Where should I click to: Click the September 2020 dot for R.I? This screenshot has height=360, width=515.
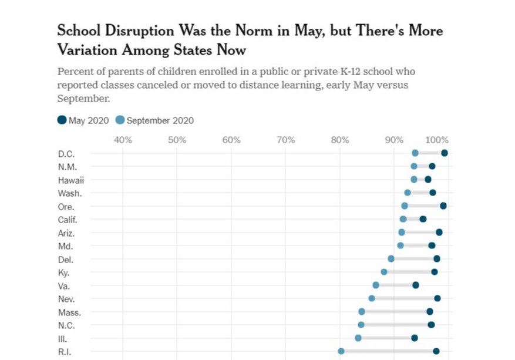tap(341, 351)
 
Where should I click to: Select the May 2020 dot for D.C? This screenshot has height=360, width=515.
tap(445, 153)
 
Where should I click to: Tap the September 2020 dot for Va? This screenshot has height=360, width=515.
tap(376, 285)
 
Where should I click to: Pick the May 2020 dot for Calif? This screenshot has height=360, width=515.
tap(423, 219)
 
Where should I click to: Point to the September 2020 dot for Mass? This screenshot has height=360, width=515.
tap(362, 312)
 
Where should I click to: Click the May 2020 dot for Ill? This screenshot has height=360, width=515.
tap(415, 338)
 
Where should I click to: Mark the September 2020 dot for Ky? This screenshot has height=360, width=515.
tap(384, 272)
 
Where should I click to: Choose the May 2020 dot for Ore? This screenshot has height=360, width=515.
tap(443, 206)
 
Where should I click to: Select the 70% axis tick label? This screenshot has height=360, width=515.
tap(285, 140)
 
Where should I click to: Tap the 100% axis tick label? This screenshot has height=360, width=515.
tap(437, 140)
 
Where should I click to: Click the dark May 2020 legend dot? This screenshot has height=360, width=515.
tap(62, 120)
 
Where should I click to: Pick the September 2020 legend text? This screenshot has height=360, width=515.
tap(160, 121)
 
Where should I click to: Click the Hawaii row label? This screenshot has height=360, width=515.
tap(70, 180)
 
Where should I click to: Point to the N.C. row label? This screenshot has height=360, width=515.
tap(66, 325)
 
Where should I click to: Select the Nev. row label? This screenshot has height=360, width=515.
tap(66, 298)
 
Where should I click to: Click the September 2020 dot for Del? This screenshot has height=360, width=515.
tap(391, 258)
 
